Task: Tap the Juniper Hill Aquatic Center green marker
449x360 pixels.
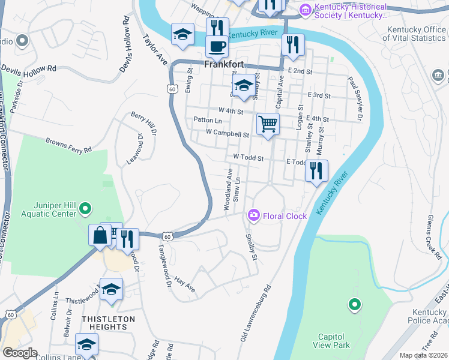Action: pyautogui.click(x=86, y=209)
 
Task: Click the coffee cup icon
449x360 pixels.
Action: pyautogui.click(x=217, y=46)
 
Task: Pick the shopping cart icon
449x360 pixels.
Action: pyautogui.click(x=268, y=124)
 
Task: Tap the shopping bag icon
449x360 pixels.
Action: pyautogui.click(x=100, y=235)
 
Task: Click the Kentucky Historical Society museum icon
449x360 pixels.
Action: pyautogui.click(x=306, y=10)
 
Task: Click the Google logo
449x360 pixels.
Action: pyautogui.click(x=20, y=352)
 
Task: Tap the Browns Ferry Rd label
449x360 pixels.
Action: pyautogui.click(x=68, y=145)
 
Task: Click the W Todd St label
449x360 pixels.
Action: pyautogui.click(x=249, y=158)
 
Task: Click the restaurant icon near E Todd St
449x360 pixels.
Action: pyautogui.click(x=316, y=171)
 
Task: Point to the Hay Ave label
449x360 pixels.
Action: pyautogui.click(x=185, y=284)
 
